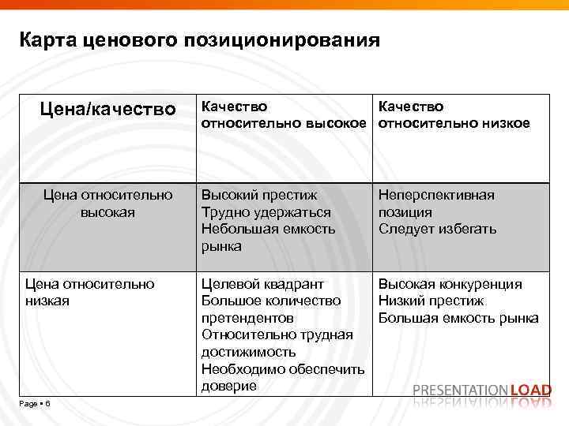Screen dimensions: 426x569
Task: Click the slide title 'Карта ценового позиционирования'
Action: (200, 39)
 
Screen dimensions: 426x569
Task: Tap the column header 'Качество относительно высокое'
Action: (284, 115)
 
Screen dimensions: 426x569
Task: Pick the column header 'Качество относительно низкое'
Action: (454, 115)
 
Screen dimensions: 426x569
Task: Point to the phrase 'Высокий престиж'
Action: (259, 195)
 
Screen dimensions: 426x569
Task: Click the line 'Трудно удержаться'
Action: (266, 212)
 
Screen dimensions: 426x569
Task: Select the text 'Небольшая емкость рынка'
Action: (267, 237)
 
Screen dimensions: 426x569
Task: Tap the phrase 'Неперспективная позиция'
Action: (436, 204)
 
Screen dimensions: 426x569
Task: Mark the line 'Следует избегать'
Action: (437, 230)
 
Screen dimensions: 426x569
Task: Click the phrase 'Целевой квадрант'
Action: (262, 283)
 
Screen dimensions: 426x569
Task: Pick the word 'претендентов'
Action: (247, 318)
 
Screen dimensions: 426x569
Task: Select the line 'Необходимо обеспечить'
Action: (283, 369)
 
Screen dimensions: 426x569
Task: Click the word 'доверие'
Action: (229, 387)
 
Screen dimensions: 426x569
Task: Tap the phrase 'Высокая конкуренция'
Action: (450, 283)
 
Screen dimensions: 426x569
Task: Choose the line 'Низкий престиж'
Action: (431, 301)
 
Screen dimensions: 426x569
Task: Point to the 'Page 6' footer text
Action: (35, 404)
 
